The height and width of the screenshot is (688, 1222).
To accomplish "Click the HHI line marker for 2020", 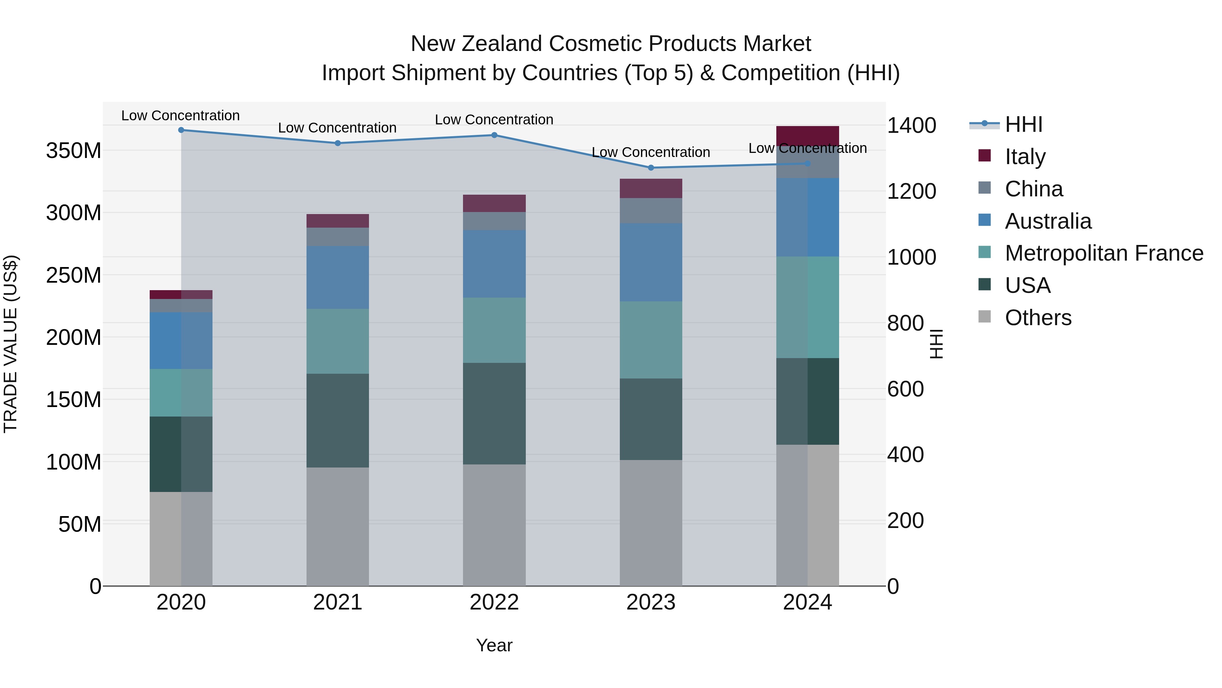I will coord(181,130).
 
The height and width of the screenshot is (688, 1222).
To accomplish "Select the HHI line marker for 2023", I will coord(651,167).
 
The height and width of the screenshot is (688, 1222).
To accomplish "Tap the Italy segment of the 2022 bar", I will coord(494,203).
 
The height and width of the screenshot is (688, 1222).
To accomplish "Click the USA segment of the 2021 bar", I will coord(338,420).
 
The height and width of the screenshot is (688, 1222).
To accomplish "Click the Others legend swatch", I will coord(984,317).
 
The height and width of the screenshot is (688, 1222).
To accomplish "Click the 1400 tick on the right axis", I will coord(911,126).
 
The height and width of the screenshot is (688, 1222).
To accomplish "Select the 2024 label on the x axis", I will coord(808,602).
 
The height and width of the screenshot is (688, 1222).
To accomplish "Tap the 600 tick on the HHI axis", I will coord(905,389).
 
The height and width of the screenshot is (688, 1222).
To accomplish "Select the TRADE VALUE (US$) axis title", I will coord(11,344).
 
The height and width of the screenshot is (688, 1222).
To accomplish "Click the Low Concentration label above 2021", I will coord(337,128).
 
